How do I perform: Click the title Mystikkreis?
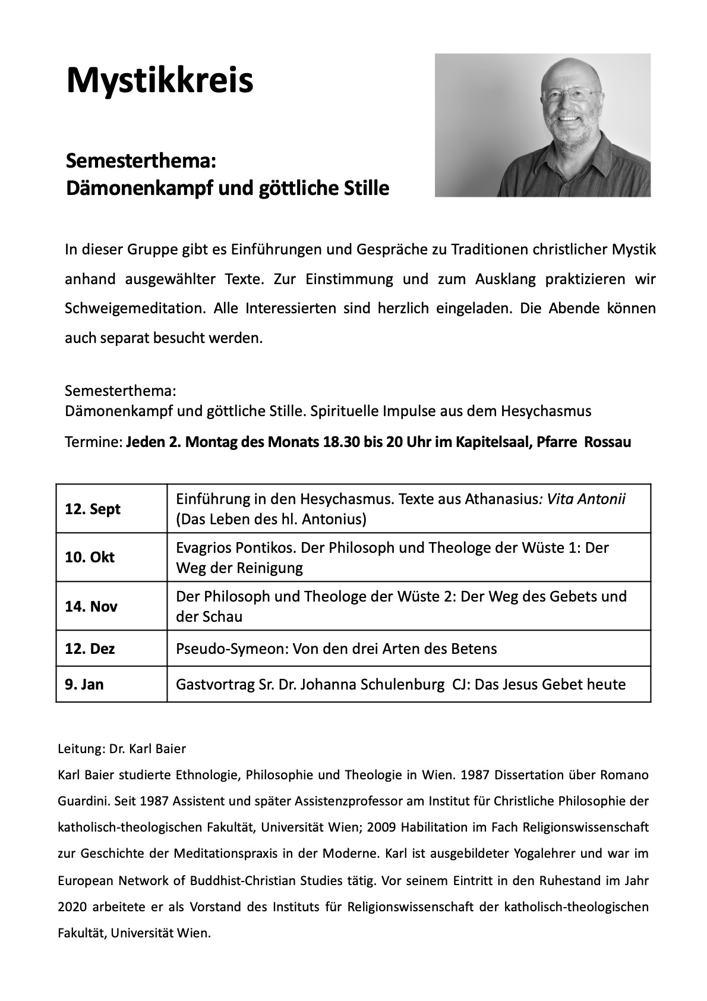point(160,80)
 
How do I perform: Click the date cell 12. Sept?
point(93,509)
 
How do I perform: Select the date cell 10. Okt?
point(90,558)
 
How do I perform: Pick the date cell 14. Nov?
point(91,606)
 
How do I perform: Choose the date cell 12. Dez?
point(90,649)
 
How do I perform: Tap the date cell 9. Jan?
point(84,684)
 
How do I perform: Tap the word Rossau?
point(608,442)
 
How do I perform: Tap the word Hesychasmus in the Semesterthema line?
point(546,411)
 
